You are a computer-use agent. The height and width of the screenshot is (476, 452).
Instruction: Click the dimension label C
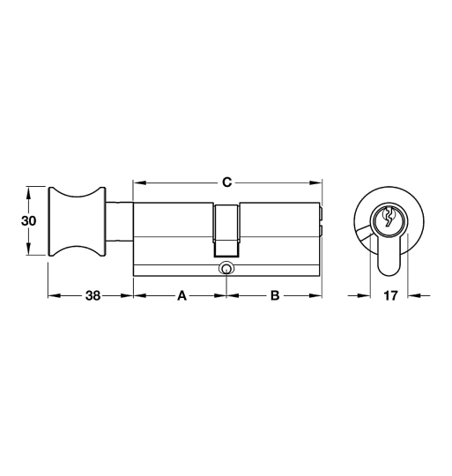(x=226, y=182)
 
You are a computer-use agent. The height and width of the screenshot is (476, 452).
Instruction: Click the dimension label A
(x=182, y=295)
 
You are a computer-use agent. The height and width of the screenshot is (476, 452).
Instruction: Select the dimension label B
(x=275, y=295)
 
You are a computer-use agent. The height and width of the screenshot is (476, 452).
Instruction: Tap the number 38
(x=93, y=295)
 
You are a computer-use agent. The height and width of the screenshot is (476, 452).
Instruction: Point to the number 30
(x=28, y=221)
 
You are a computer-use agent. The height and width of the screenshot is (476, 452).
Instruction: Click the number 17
(x=390, y=295)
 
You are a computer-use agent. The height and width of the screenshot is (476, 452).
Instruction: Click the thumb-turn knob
(x=77, y=221)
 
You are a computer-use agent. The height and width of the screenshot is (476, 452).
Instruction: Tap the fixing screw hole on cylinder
(x=226, y=269)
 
